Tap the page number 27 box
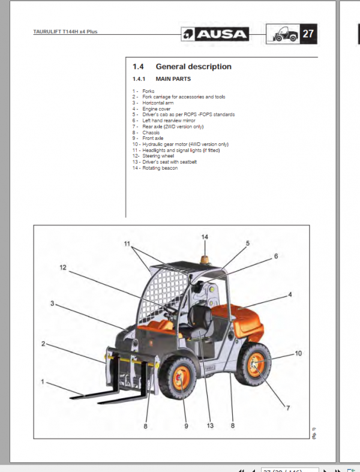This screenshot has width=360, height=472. [x=308, y=34]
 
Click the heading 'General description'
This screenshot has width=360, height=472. [x=193, y=67]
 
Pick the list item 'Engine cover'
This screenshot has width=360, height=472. [x=156, y=109]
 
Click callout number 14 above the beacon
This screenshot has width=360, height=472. [x=205, y=237]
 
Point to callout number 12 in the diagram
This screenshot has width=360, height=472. [x=63, y=268]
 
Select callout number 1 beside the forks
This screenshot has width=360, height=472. [x=42, y=381]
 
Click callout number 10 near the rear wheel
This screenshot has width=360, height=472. [x=298, y=354]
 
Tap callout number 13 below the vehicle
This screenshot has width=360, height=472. [x=209, y=426]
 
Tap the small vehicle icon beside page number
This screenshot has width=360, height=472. [x=282, y=34]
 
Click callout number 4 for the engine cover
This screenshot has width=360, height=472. [x=290, y=295]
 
